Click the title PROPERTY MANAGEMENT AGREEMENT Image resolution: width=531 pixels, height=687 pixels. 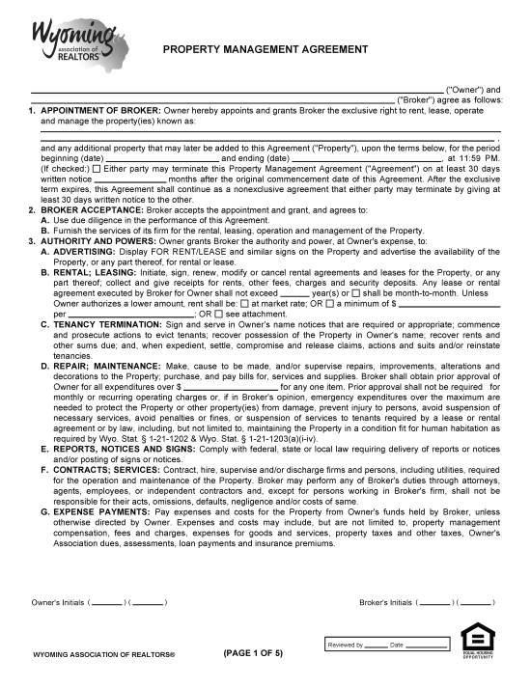[x=265, y=48]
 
